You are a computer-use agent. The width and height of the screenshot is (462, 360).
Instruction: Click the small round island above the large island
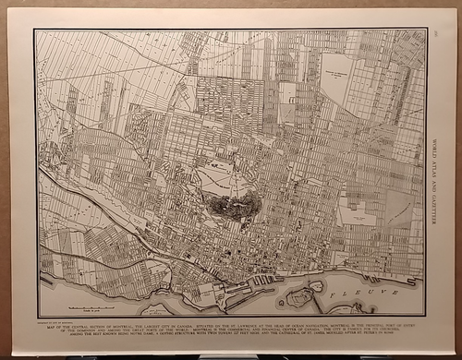317,285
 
